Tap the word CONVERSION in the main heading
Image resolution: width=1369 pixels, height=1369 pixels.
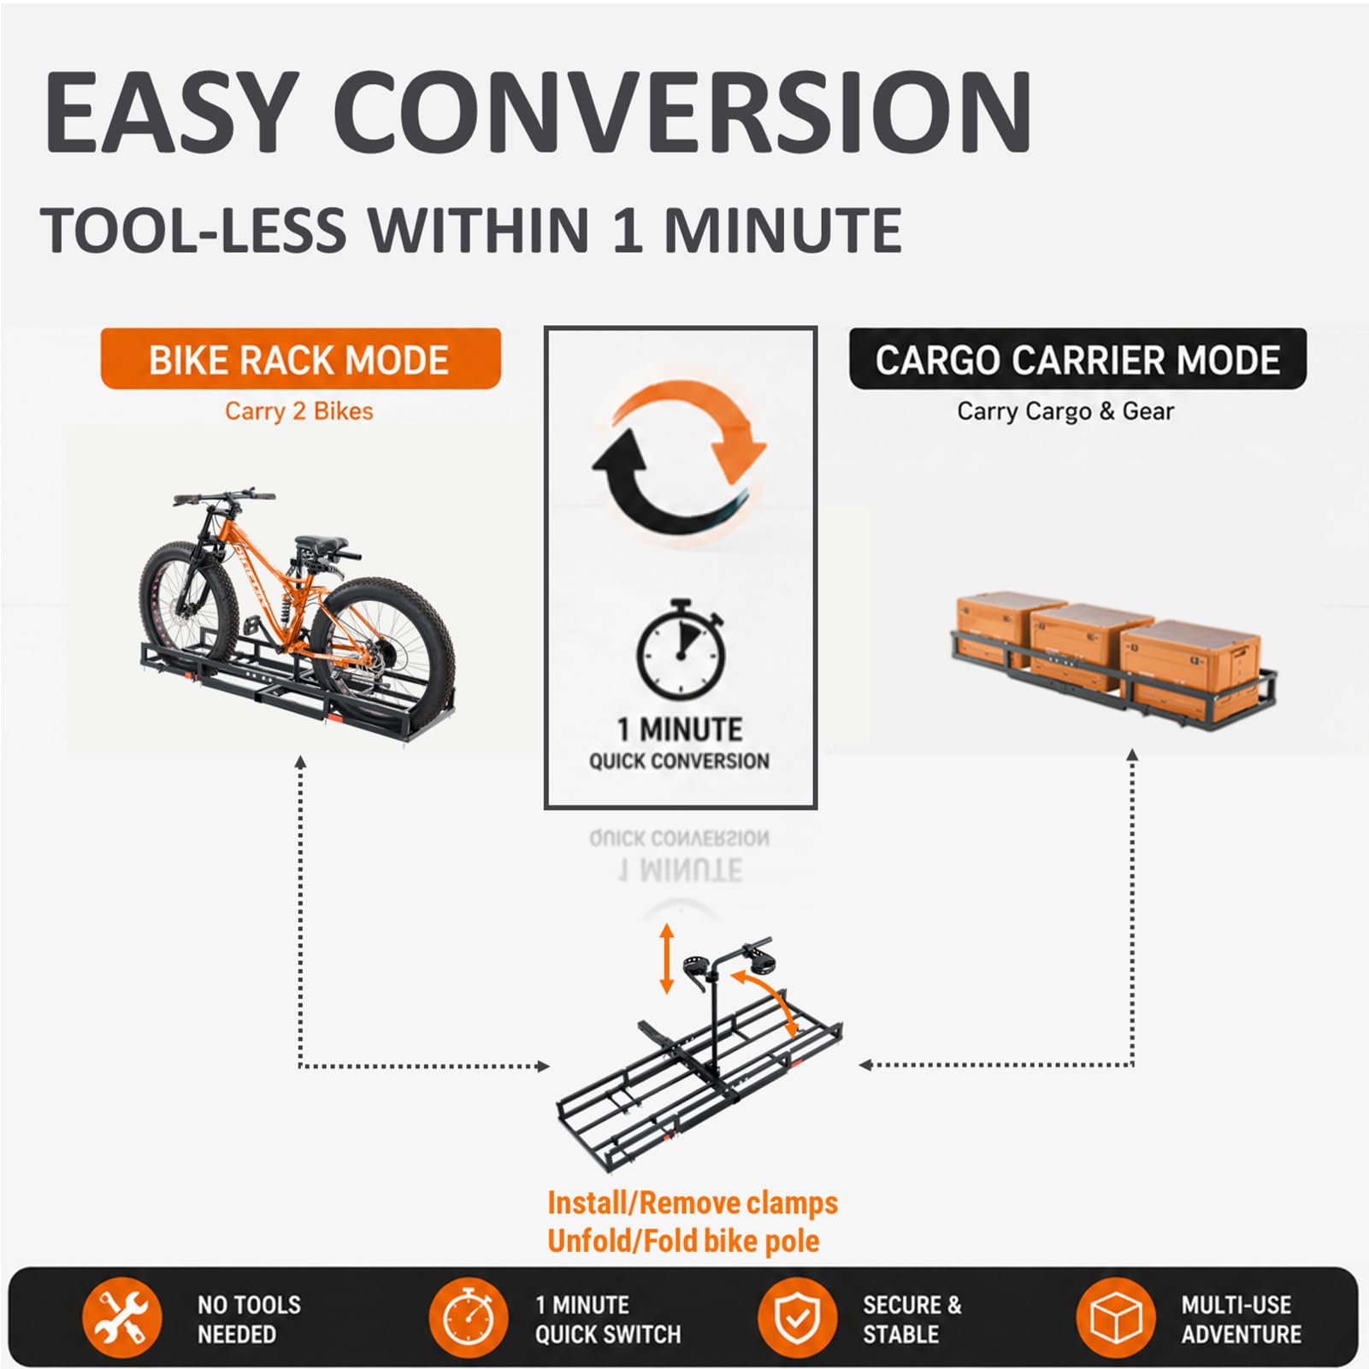(x=682, y=112)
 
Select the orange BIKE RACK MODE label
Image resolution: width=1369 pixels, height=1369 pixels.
(x=300, y=359)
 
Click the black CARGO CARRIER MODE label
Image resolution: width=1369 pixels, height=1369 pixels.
(x=1077, y=359)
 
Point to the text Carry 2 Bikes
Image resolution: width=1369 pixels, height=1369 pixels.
(x=299, y=411)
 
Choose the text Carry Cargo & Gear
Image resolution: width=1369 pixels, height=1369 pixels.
(x=1065, y=411)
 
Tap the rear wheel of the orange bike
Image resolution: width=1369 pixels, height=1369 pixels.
(x=382, y=648)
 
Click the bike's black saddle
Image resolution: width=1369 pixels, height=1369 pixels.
(x=322, y=544)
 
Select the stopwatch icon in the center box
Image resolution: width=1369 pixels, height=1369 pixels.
(x=681, y=651)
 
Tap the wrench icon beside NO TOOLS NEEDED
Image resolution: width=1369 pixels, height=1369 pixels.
(x=122, y=1318)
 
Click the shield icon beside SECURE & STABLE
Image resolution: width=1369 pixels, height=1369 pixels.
(x=797, y=1318)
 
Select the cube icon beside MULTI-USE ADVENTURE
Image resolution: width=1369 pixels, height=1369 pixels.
(x=1116, y=1318)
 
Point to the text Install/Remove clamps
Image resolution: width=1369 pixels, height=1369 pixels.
(x=693, y=1203)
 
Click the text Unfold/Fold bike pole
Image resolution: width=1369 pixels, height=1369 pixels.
(x=683, y=1241)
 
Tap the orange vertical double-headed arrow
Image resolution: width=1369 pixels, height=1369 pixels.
(x=667, y=959)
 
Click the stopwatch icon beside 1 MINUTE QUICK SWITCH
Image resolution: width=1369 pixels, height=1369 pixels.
(x=469, y=1318)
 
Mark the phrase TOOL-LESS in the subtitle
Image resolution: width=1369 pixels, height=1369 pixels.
(x=194, y=231)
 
